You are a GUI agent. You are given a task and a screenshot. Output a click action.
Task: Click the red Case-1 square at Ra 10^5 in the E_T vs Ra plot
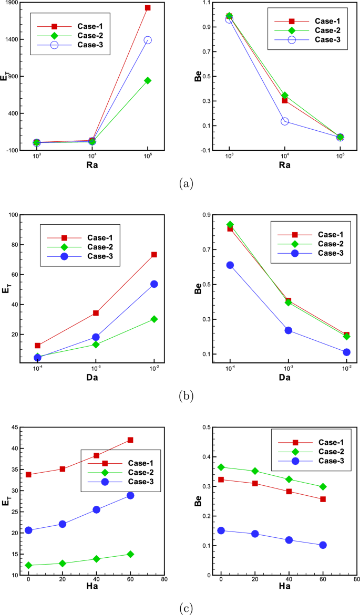point(148,8)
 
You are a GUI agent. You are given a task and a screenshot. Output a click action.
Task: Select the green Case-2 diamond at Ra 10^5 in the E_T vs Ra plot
point(148,80)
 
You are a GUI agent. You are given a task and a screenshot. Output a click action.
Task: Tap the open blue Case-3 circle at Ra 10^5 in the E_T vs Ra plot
point(148,40)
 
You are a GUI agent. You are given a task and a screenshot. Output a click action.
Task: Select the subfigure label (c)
point(186,608)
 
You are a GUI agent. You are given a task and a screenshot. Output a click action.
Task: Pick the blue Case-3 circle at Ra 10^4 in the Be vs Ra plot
point(285,121)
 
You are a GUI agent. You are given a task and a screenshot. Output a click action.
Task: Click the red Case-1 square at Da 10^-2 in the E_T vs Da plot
point(154,255)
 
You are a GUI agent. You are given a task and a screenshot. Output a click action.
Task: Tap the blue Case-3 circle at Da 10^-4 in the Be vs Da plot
point(230,265)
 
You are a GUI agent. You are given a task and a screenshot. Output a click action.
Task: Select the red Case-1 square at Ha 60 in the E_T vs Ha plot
point(130,440)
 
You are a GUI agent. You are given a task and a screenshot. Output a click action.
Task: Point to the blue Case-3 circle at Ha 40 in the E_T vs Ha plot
point(97,509)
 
